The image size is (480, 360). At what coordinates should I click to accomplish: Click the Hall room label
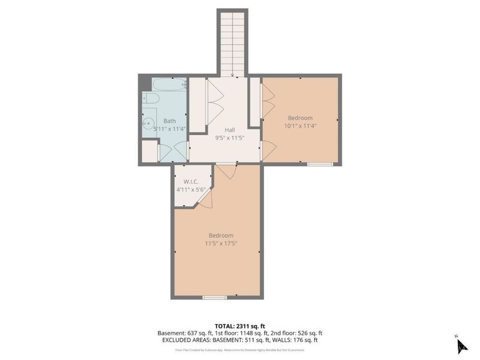[229, 130]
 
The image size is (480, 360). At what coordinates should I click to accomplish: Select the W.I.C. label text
[191, 182]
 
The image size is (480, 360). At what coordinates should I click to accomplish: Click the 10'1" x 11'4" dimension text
[300, 126]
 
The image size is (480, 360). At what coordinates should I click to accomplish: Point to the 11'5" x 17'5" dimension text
[221, 244]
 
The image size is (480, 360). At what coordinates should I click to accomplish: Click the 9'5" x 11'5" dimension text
[229, 137]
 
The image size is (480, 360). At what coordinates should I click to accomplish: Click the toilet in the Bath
[150, 98]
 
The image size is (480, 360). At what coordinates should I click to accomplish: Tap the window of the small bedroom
[320, 164]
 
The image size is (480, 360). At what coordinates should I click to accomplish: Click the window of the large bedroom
[215, 297]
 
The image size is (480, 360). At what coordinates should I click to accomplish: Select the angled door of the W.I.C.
[205, 201]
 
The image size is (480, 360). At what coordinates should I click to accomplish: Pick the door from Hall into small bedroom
[268, 149]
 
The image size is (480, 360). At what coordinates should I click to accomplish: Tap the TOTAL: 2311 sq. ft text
[240, 326]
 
